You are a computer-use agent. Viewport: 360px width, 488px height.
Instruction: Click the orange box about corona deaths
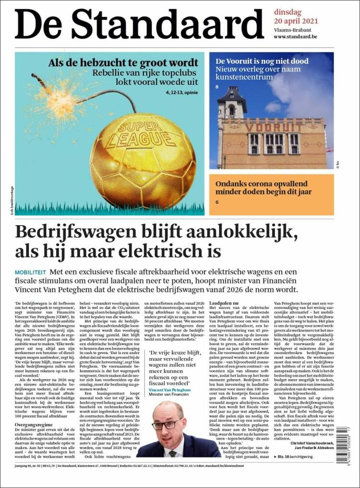pos(271,194)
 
